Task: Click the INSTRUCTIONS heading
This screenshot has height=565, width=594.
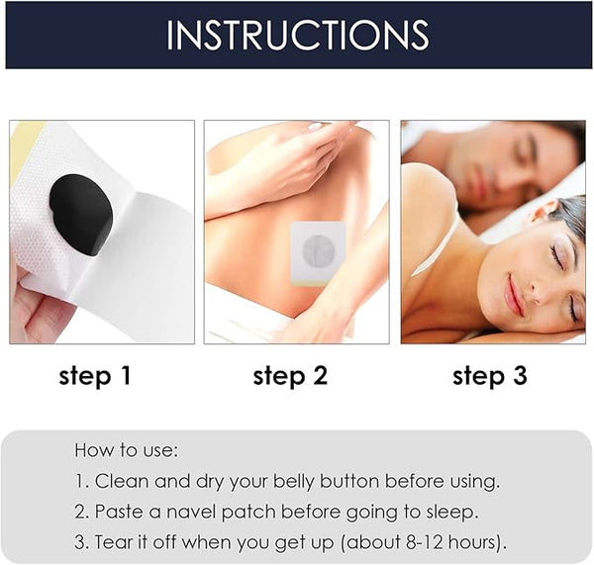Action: click(297, 35)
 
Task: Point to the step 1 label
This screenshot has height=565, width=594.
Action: click(95, 376)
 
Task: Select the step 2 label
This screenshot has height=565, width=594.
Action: click(289, 376)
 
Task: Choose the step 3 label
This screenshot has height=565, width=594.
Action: click(489, 376)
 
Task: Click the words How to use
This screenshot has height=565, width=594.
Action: click(126, 450)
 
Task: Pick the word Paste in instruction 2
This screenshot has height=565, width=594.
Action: click(120, 512)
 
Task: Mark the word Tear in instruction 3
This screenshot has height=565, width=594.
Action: click(115, 542)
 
